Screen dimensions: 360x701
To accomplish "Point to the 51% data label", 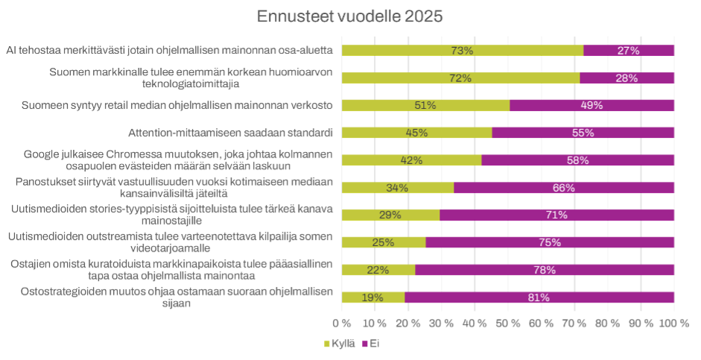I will click(425, 105).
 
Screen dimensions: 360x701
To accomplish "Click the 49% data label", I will click(591, 105).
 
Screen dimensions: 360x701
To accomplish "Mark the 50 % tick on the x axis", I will click(508, 323).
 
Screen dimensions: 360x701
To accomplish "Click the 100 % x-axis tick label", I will click(674, 323).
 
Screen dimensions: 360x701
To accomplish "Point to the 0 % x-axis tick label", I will click(341, 323).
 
